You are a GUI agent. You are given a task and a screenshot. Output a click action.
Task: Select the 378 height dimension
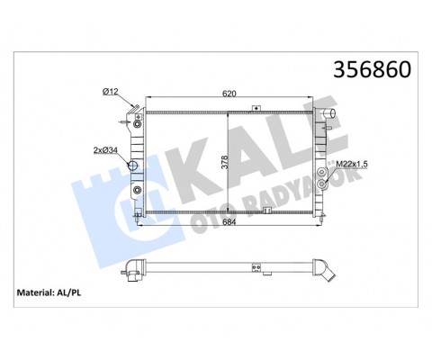tap(237, 164)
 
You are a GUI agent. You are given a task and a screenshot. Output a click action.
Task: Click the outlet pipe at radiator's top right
tap(333, 116)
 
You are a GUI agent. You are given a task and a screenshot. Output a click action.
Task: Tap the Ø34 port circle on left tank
tap(136, 166)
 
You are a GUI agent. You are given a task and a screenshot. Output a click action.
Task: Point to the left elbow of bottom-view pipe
tap(135, 267)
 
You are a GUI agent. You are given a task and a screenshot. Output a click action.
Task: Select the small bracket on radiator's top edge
tap(256, 109)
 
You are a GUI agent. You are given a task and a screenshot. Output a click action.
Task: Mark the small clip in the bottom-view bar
tap(256, 266)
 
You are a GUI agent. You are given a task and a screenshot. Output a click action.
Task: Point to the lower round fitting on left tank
tap(137, 191)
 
